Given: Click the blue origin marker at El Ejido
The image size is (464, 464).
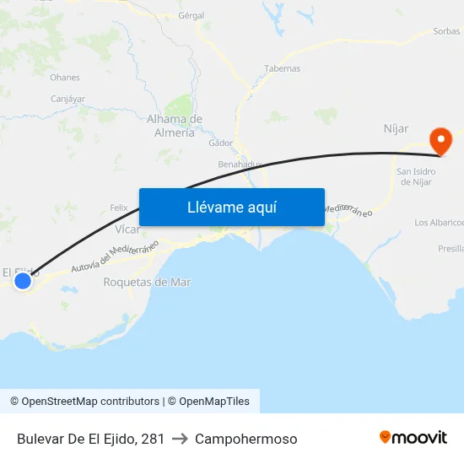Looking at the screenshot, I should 23,281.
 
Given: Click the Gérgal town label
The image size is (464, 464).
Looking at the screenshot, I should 192,15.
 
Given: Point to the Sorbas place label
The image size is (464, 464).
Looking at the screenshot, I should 446,31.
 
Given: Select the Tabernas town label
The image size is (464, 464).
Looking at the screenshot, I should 282,68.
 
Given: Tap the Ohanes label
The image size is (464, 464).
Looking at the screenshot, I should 65,77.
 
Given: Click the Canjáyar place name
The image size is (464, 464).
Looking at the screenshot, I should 67,99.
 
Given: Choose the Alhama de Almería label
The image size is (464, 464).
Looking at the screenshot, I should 175,126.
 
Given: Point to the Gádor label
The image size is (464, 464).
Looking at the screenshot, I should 220,143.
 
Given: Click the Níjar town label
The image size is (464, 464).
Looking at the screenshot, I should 396,128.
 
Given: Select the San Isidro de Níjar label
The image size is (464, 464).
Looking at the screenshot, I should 416,176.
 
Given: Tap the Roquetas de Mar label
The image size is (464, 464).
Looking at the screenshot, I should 146,282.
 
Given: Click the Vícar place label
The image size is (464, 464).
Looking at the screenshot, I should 127,229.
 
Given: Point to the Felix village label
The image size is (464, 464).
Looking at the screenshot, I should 119,208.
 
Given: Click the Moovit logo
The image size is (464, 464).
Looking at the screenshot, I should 413,438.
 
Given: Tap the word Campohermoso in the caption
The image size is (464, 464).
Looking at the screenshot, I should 245,439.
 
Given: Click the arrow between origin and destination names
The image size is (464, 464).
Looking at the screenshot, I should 180,439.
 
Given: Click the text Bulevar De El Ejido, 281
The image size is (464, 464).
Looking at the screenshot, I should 90,439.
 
